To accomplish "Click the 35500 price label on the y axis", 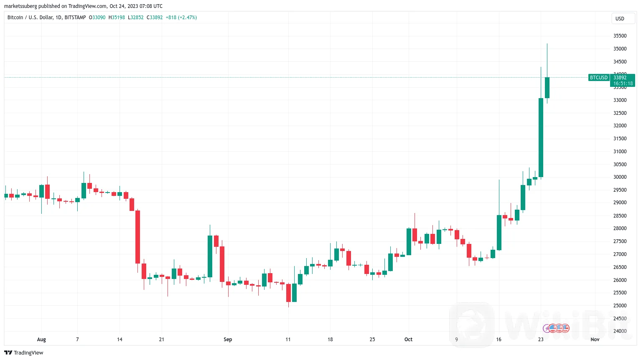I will (620, 36).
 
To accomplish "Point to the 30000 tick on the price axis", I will (620, 177).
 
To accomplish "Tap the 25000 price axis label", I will (620, 306).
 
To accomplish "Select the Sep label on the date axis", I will (228, 340).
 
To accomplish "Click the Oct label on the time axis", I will (408, 340).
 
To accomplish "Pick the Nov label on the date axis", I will (595, 340).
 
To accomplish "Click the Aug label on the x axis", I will (41, 340).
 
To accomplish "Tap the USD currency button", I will (620, 18).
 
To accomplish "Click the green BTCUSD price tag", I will (598, 78).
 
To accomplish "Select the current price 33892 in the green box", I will (620, 78).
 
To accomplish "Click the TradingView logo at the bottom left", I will (24, 352).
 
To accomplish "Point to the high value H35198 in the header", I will (117, 18).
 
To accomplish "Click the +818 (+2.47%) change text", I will (181, 18).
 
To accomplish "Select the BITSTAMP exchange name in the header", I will (75, 18).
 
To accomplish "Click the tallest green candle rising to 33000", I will (541, 138).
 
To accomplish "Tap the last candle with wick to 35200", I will (547, 88).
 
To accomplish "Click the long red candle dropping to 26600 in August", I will (137, 237).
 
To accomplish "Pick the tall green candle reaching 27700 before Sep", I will (210, 256).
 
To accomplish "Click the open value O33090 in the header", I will (97, 18).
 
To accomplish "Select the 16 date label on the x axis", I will (499, 340).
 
